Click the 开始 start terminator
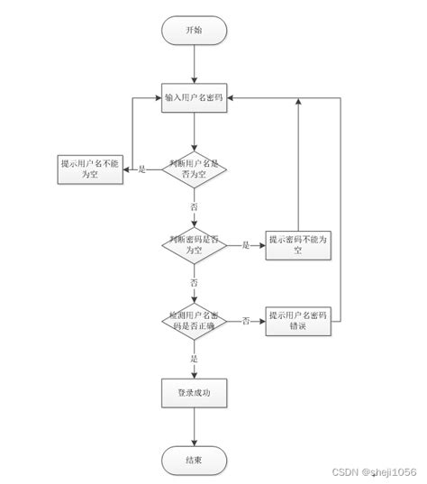coord(194,30)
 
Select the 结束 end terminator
coord(194,461)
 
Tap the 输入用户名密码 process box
coord(194,97)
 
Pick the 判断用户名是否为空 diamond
coord(194,169)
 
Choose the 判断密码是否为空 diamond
coord(194,244)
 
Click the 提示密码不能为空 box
coord(297,244)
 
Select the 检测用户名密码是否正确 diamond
coord(194,321)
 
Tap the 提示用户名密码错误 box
coord(297,321)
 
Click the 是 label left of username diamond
coord(141,169)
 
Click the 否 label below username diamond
coord(194,206)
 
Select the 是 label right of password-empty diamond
coord(245,245)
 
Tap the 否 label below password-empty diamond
coord(194,282)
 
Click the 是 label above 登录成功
coord(194,358)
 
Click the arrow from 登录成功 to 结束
coord(194,428)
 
